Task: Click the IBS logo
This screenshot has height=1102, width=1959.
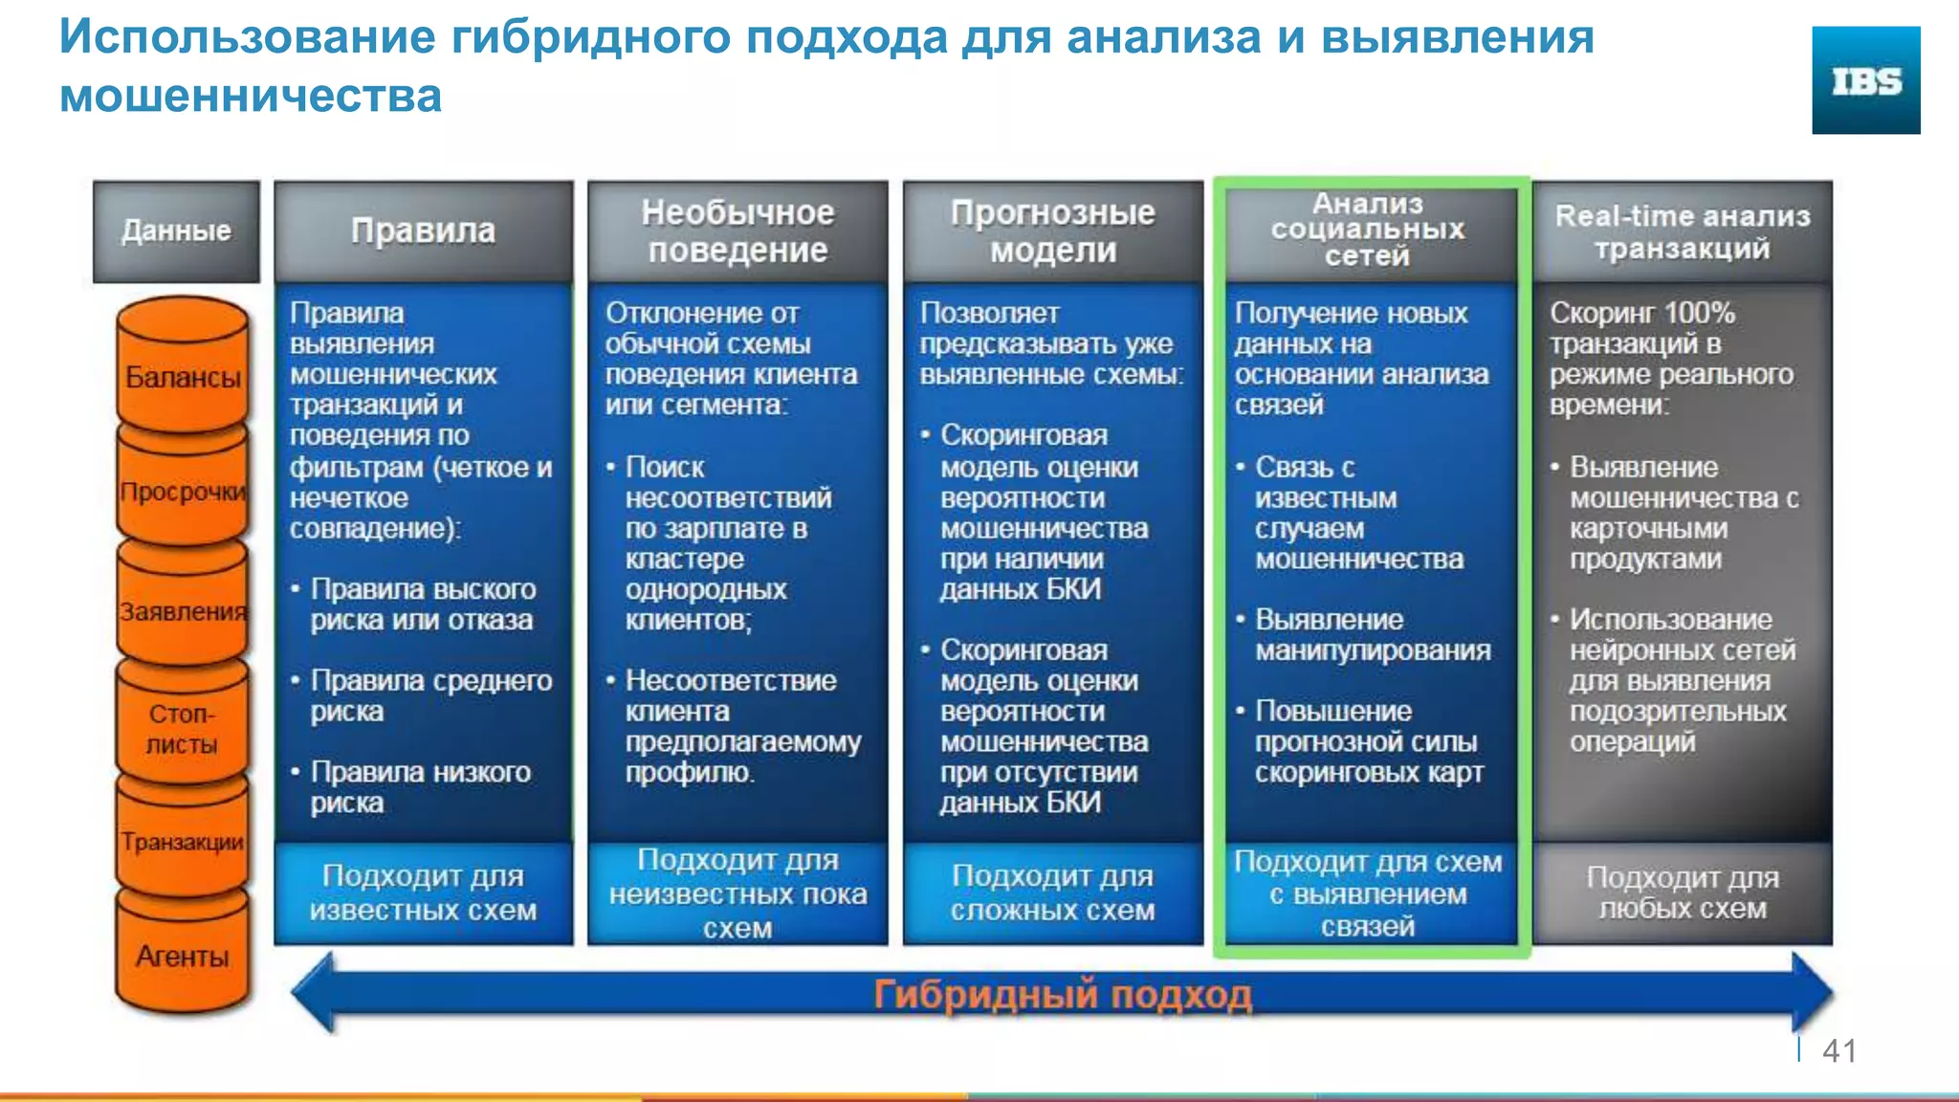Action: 1865,80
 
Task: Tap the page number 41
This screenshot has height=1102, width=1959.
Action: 1838,1051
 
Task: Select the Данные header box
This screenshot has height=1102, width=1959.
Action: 176,231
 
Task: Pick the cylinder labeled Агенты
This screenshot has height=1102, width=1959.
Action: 182,957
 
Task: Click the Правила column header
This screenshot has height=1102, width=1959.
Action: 423,231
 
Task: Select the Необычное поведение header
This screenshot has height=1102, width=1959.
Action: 737,231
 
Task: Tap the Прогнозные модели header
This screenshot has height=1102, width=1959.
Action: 1052,231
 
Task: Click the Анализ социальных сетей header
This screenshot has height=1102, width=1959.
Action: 1368,230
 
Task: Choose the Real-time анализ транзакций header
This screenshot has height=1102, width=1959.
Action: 1683,231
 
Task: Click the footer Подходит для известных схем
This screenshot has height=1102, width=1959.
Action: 423,893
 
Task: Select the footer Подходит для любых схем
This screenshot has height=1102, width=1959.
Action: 1683,893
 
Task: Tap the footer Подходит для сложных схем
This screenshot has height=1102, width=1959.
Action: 1052,893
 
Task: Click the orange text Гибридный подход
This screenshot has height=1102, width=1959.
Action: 1062,996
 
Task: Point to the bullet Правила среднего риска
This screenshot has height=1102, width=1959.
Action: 430,695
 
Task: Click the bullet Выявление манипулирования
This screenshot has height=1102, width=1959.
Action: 1372,634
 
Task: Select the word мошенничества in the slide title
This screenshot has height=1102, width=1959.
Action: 251,96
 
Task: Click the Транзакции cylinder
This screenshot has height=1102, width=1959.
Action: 182,842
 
